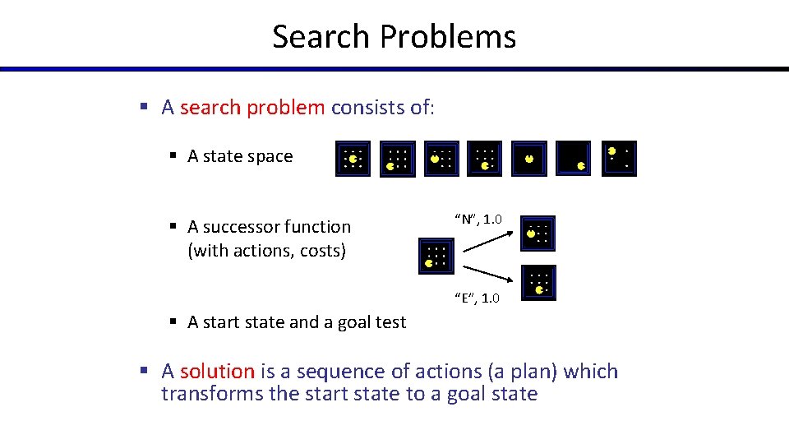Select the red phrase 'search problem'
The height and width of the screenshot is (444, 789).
click(252, 108)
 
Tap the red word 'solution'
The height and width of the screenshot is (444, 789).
click(217, 372)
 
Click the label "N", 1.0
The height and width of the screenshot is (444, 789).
click(477, 219)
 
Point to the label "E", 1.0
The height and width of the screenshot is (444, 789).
click(476, 298)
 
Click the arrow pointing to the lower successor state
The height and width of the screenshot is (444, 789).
click(488, 277)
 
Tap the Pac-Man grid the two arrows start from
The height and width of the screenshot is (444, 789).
click(436, 257)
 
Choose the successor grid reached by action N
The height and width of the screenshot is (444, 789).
click(538, 234)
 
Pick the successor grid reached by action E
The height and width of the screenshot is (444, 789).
click(538, 282)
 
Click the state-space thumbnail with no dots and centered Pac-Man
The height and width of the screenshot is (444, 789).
click(528, 159)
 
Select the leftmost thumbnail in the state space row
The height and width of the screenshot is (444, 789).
click(353, 159)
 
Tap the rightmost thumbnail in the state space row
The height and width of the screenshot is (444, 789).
click(619, 159)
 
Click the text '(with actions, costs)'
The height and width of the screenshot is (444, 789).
click(266, 251)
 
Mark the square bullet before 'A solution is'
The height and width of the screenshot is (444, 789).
click(143, 372)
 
